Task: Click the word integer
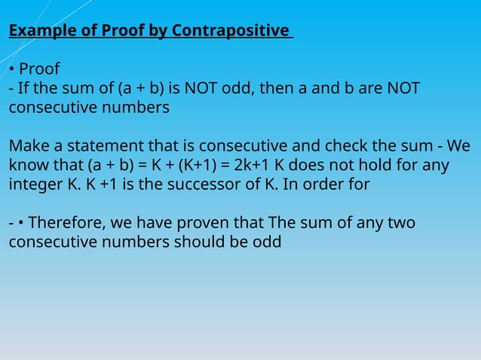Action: point(35,185)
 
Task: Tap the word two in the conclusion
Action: point(399,224)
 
